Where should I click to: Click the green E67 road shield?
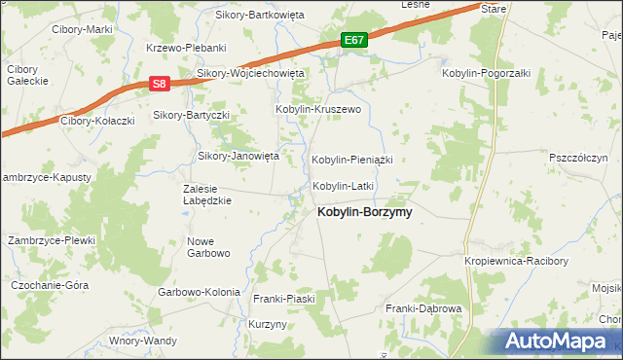coord(355,40)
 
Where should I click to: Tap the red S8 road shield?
coord(161,85)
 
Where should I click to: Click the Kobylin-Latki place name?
coord(343,185)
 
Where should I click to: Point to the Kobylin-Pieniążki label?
coord(350,159)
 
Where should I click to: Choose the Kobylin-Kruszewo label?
coord(319,110)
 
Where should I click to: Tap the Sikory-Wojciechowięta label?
coord(251,73)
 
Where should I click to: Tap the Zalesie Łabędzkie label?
coord(206,195)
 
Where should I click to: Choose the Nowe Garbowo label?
coord(207,247)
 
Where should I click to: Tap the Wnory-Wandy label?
coord(143,341)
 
